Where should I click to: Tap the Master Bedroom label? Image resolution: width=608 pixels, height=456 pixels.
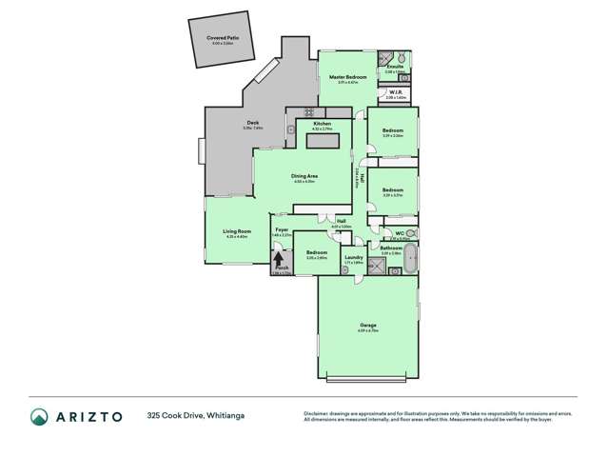click(x=348, y=76)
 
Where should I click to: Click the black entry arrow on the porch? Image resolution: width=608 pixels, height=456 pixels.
click(x=279, y=256)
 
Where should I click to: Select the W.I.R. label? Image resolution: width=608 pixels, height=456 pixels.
click(x=397, y=91)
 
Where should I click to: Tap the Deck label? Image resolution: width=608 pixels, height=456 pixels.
click(x=253, y=123)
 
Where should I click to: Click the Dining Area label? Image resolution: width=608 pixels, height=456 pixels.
click(x=304, y=177)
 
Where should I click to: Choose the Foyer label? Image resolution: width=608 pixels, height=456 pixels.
click(x=283, y=229)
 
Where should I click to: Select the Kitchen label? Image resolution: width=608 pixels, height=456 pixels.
click(x=322, y=124)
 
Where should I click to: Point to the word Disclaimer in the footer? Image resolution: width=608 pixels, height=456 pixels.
click(x=318, y=412)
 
